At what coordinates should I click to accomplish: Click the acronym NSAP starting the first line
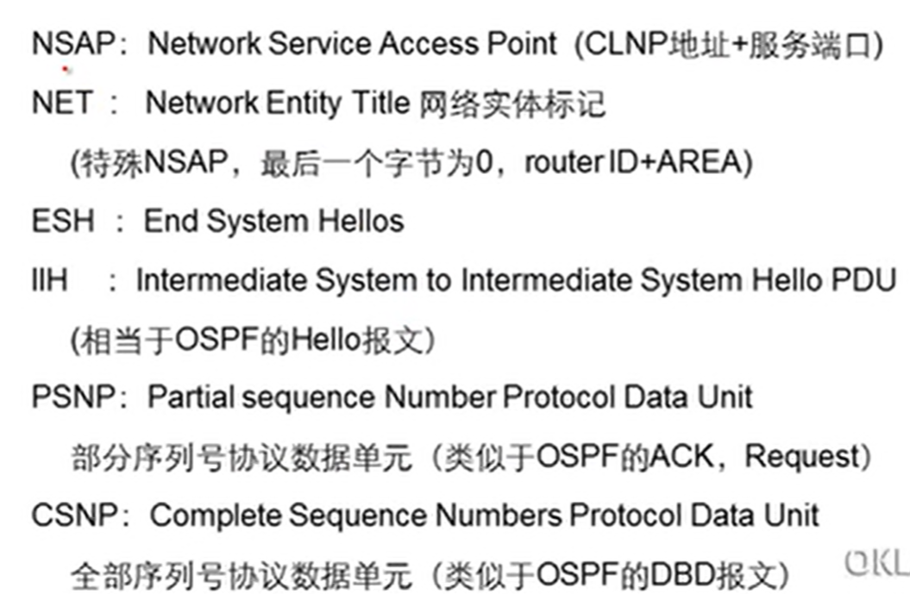[72, 44]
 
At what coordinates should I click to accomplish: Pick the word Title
[380, 103]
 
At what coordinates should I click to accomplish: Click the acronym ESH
[62, 221]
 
